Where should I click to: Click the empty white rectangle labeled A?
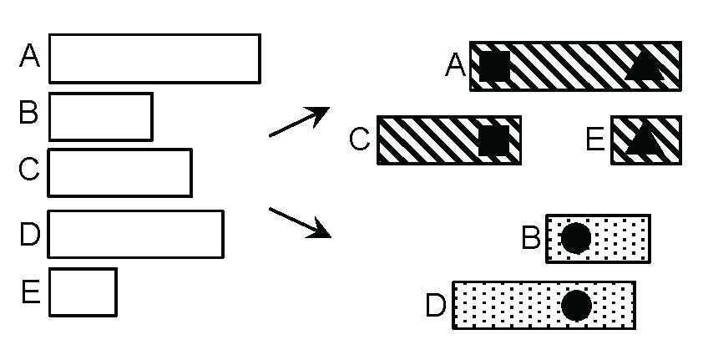[x=154, y=58]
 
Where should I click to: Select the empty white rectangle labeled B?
[x=101, y=116]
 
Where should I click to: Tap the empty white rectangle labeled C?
[x=120, y=172]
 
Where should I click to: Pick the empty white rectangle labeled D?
[x=136, y=234]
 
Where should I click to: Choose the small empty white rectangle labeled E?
[x=83, y=292]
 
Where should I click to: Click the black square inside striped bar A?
[x=494, y=66]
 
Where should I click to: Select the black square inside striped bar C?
[x=493, y=140]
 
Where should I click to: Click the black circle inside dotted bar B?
[x=576, y=238]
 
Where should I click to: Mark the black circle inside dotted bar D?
[x=576, y=305]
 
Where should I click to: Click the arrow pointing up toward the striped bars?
[x=299, y=122]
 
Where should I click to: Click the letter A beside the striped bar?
[x=456, y=65]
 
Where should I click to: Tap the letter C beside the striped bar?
[x=359, y=139]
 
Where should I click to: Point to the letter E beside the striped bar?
[x=594, y=139]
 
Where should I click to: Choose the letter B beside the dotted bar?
[x=531, y=238]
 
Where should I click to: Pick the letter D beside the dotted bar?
[x=436, y=306]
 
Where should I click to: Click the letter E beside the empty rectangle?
[x=31, y=292]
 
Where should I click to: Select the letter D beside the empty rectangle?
[x=30, y=235]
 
